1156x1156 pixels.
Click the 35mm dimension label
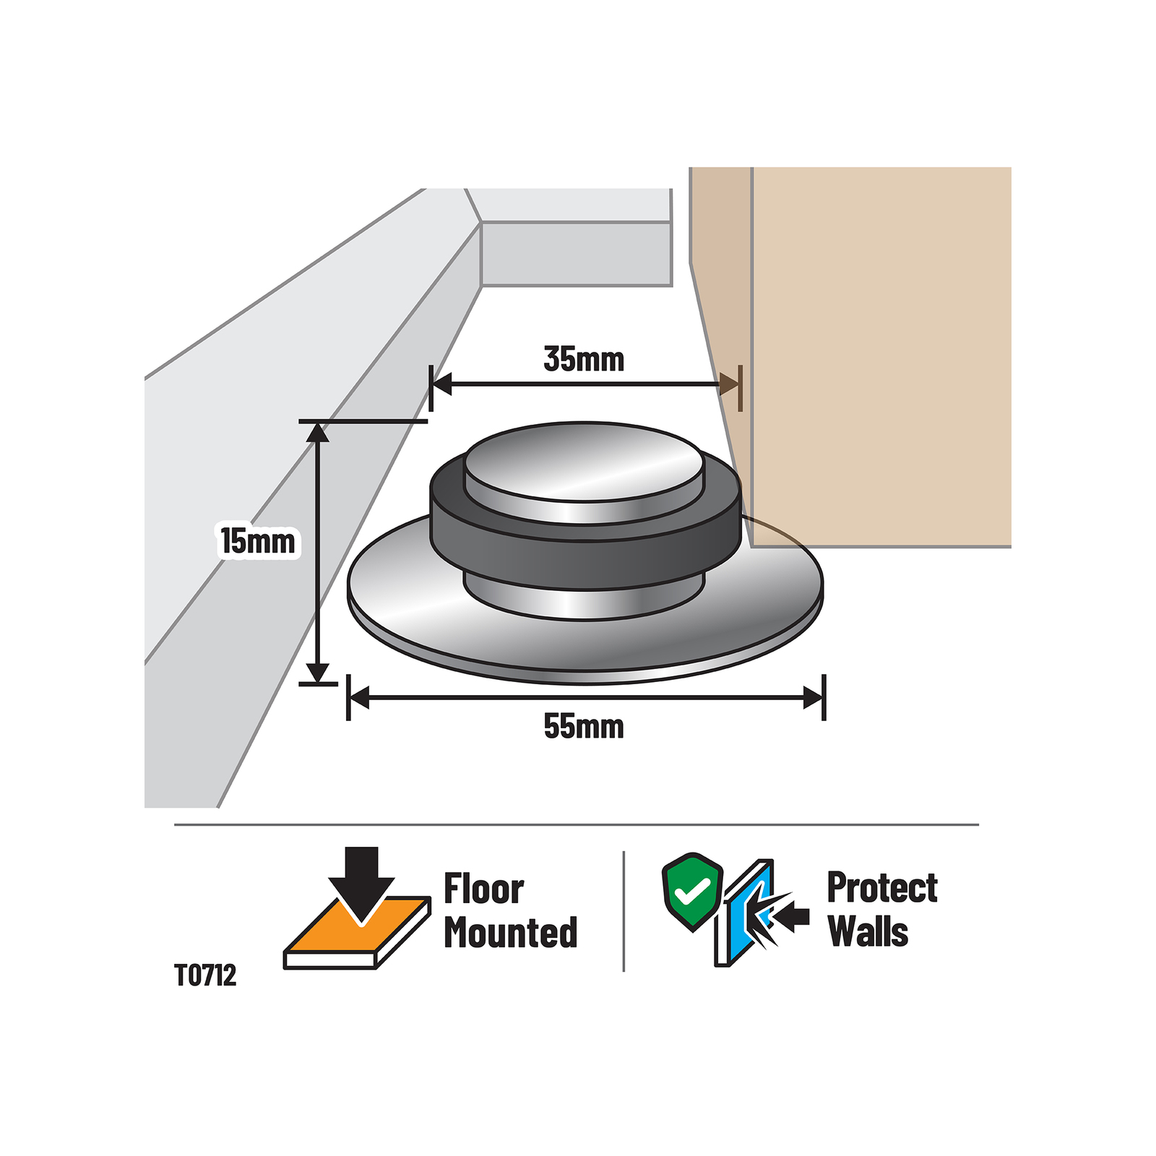[584, 359]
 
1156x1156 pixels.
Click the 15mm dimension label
[258, 541]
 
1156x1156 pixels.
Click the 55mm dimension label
[584, 726]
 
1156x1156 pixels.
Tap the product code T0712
[205, 975]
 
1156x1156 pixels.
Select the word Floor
[483, 889]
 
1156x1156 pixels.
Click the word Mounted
[511, 932]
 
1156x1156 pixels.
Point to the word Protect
[882, 887]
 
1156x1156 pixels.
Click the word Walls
[868, 931]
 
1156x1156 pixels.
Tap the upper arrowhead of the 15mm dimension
[318, 431]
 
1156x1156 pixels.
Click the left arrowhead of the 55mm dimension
[359, 698]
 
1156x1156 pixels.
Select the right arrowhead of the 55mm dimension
[814, 698]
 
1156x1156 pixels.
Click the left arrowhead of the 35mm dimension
[442, 384]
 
